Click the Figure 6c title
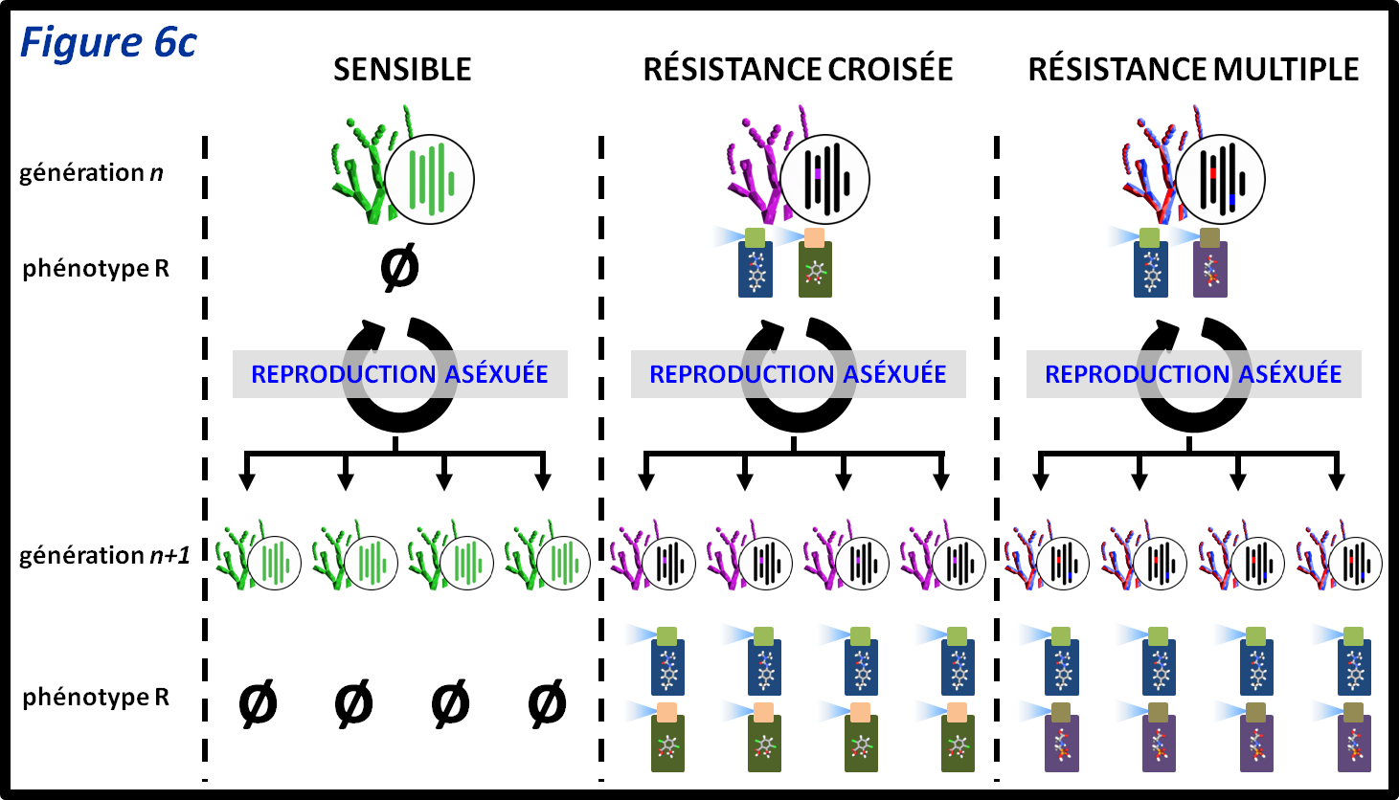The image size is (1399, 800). [108, 44]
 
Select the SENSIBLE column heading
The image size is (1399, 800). [402, 70]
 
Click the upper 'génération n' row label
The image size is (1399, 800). [91, 173]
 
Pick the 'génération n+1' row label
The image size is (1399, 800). [104, 556]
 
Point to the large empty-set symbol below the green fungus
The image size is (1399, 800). [399, 268]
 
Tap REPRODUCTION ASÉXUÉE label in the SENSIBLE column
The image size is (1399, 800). [399, 374]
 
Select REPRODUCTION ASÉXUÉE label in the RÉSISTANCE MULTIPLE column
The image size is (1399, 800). [1193, 374]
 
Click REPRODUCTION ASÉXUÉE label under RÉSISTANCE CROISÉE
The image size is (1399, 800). [798, 374]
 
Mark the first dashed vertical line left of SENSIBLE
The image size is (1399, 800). [205, 459]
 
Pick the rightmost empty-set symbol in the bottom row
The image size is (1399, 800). [547, 705]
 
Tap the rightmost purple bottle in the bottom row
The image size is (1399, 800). [1354, 740]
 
